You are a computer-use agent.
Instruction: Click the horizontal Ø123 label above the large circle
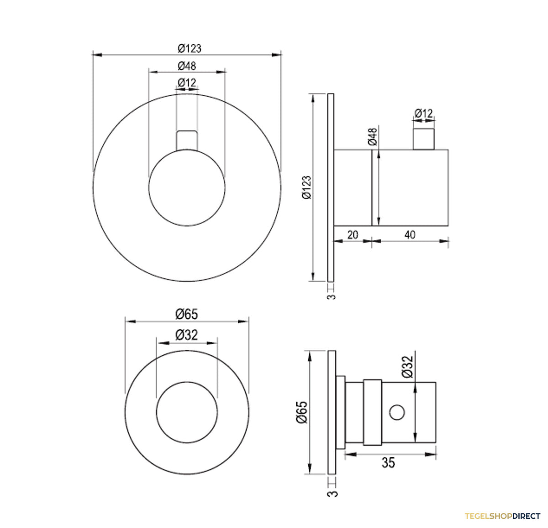(190, 49)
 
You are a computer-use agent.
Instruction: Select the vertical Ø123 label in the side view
(307, 187)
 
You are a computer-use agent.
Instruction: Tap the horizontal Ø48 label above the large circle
(187, 66)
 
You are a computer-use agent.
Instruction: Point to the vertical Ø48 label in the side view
(372, 137)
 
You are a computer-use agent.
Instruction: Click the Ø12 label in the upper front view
(187, 83)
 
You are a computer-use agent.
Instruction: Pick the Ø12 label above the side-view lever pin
(423, 114)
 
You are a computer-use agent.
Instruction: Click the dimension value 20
(353, 234)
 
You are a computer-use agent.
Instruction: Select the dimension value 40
(410, 234)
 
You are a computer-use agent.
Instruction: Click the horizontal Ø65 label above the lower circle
(187, 314)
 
